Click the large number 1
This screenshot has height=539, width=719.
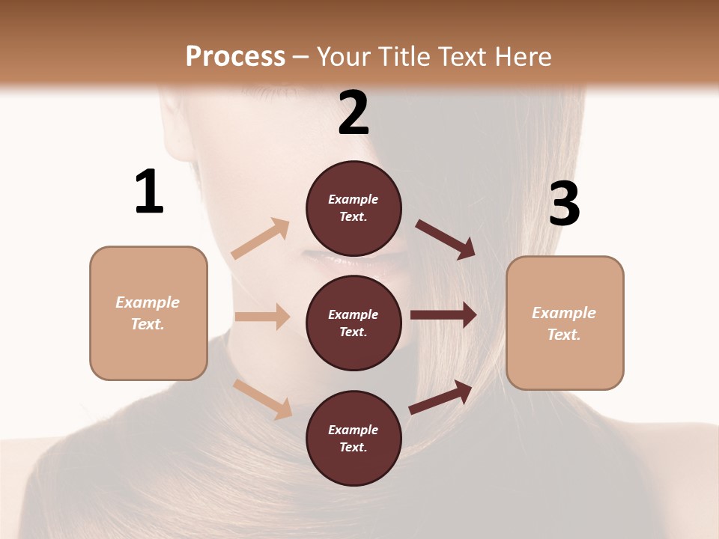(x=149, y=192)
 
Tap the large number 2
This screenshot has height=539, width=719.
(x=354, y=113)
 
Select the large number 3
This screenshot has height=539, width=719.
(x=564, y=204)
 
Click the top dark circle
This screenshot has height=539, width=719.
(x=354, y=208)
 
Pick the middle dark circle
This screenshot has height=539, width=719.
(x=354, y=323)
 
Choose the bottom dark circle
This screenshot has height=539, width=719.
(x=354, y=438)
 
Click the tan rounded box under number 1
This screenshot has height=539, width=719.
(x=148, y=313)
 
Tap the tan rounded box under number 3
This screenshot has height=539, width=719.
(x=565, y=323)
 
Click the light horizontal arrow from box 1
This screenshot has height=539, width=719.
(x=262, y=317)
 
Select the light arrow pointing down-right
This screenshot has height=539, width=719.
(x=263, y=398)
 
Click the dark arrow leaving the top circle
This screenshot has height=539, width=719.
(x=445, y=240)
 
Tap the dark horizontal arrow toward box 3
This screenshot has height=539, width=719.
(x=443, y=315)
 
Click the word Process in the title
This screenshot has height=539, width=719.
(x=235, y=56)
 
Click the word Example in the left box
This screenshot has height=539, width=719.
(x=148, y=302)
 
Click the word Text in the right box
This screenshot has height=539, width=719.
(x=563, y=335)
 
